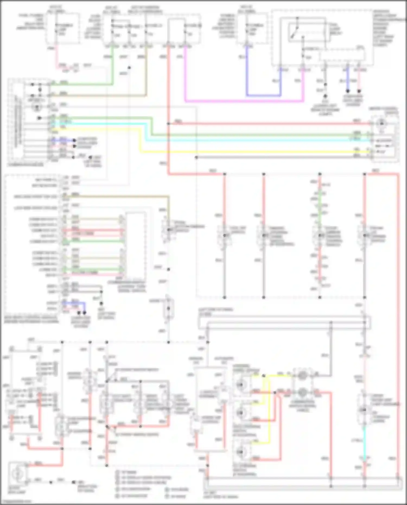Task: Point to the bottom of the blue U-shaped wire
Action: (263, 96)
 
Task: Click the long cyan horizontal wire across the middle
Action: (244, 140)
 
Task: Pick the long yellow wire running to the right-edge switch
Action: (244, 152)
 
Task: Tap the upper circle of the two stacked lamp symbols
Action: (302, 376)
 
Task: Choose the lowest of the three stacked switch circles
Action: (240, 452)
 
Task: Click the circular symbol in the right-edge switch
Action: (382, 124)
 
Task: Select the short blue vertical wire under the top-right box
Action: (348, 81)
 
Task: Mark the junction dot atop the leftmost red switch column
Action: (225, 174)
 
